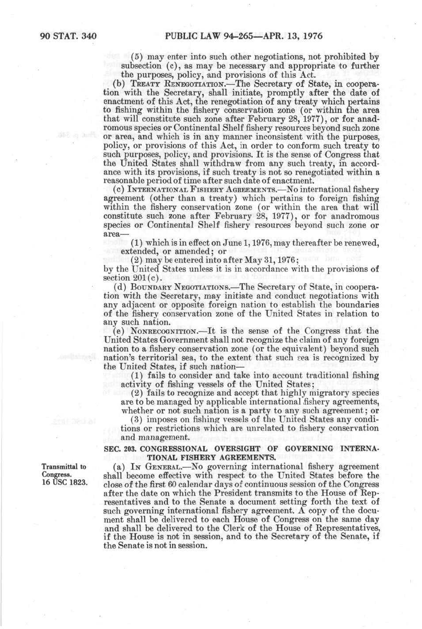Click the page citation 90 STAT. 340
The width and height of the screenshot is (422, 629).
pos(68,36)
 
